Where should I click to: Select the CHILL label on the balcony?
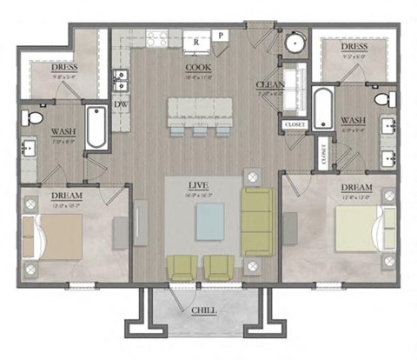[206, 310]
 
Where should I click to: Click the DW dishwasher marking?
[121, 103]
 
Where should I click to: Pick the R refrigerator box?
[197, 40]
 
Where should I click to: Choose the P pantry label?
[222, 36]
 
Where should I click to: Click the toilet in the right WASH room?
[389, 99]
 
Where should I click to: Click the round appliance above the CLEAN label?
[293, 43]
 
